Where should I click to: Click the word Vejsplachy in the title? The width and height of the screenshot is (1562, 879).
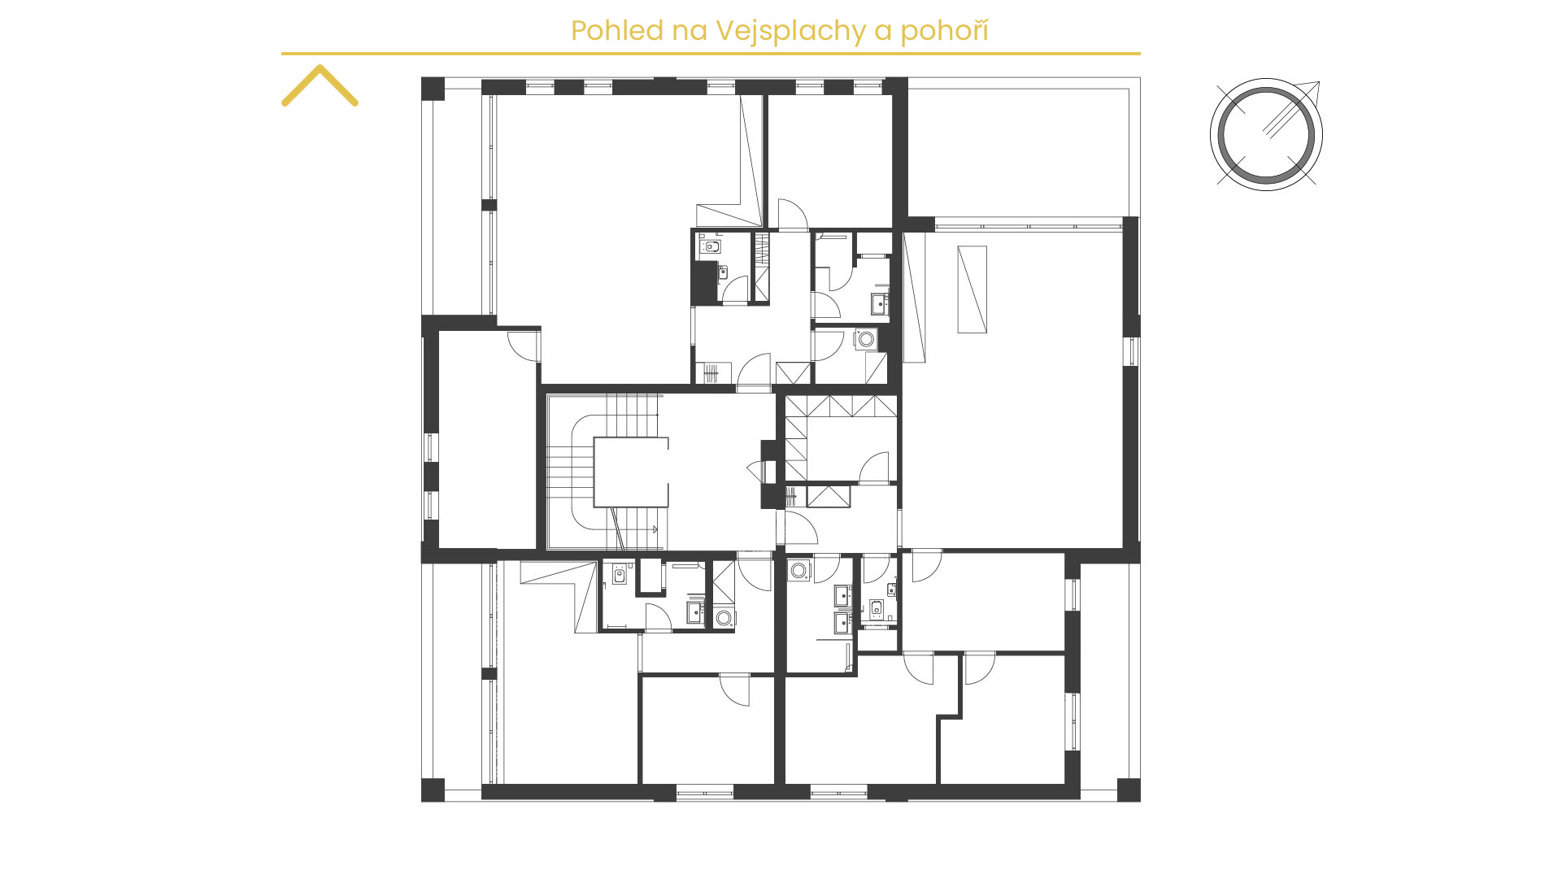(x=791, y=32)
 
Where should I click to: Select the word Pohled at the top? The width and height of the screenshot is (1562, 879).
(x=617, y=31)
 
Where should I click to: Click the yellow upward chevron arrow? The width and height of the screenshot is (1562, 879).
(x=320, y=85)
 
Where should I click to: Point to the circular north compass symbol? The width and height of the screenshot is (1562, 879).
(x=1266, y=134)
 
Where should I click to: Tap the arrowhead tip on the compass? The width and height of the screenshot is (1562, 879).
(x=1319, y=82)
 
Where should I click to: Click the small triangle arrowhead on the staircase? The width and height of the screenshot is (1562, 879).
(x=654, y=529)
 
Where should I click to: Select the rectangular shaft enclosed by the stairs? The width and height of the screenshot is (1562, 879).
(x=631, y=472)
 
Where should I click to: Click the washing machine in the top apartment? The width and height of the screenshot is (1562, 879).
(x=866, y=338)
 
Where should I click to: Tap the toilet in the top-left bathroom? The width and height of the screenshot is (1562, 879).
(x=712, y=246)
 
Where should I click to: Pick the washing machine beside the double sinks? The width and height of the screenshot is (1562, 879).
(x=799, y=570)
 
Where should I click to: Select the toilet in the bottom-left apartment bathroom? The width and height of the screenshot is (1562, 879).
(x=619, y=576)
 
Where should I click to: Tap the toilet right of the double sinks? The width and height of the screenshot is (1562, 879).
(x=877, y=607)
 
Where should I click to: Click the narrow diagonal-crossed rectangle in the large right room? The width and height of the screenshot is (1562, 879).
(x=972, y=289)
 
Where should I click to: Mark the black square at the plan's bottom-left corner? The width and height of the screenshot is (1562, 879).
(x=433, y=790)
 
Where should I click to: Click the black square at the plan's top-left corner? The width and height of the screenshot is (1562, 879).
(x=433, y=89)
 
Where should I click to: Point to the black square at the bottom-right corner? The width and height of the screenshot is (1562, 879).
(x=1129, y=790)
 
